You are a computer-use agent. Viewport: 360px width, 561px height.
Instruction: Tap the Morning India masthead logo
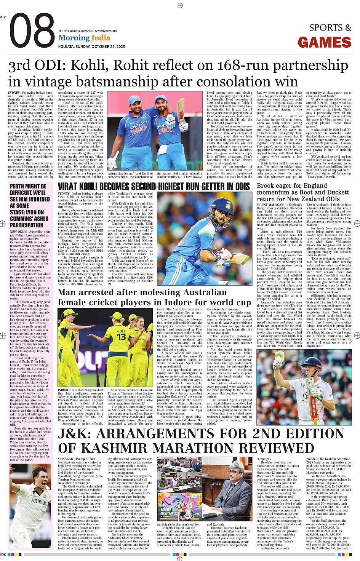84,38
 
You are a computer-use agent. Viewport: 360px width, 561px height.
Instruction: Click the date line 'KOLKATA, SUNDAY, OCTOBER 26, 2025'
91,46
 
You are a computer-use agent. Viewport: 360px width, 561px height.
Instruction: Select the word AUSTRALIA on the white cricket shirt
39,502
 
